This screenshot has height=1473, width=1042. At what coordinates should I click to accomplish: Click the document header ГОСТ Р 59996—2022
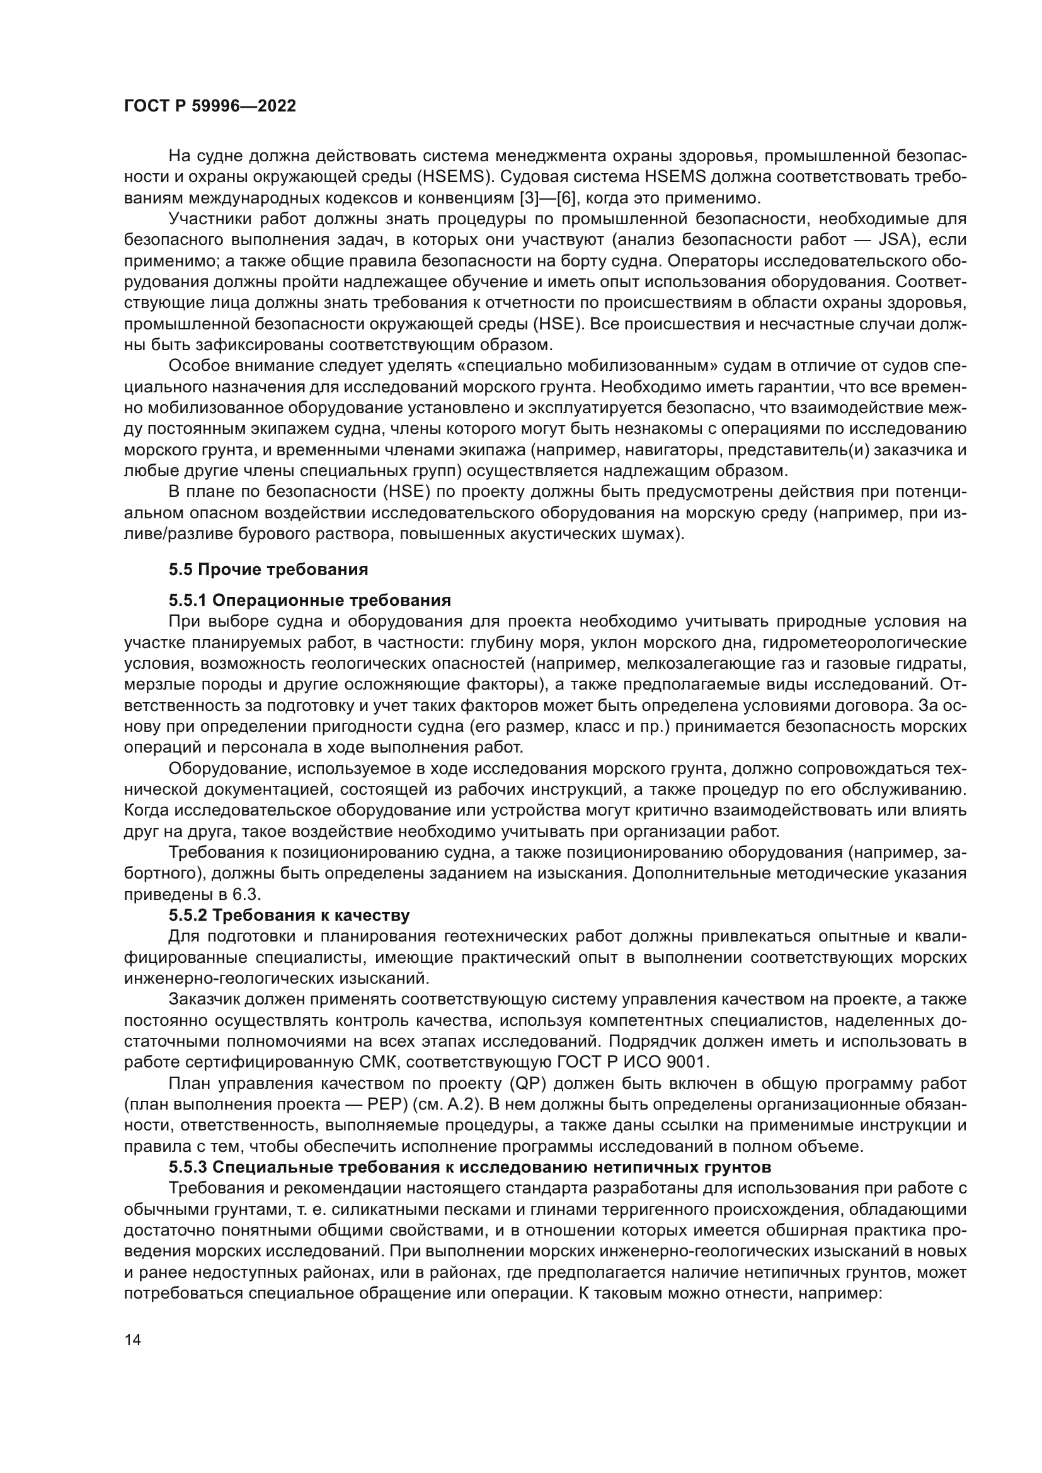[210, 106]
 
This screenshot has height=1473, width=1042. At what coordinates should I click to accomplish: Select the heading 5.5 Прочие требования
[268, 569]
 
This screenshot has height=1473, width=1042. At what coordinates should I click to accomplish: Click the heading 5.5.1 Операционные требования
[309, 601]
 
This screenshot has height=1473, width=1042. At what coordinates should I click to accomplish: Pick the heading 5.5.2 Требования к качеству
[289, 915]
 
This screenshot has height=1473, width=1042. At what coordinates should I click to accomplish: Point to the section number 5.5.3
[187, 1166]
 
